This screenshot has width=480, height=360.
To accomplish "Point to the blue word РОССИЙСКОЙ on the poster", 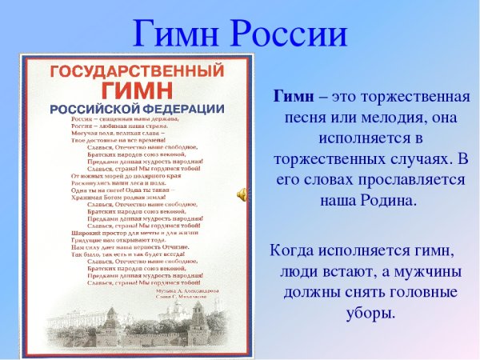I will pyautogui.click(x=95, y=107).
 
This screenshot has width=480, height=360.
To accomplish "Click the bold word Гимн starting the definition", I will pyautogui.click(x=294, y=98).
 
